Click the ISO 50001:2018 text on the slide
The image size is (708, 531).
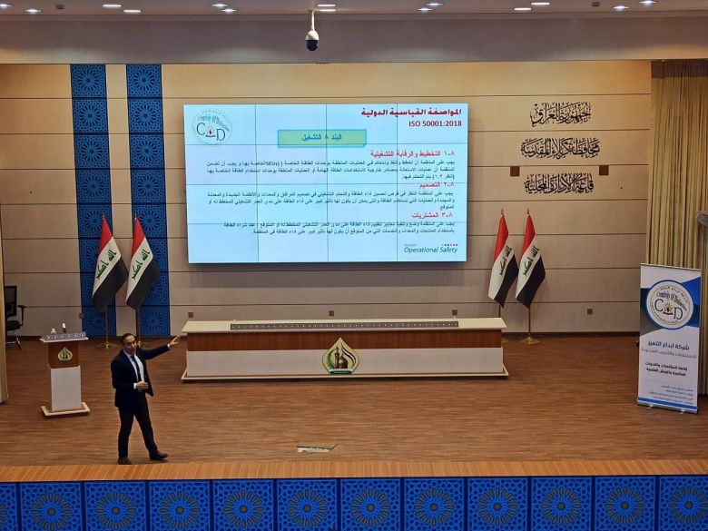tap(437, 123)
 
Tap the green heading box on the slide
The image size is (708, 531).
tap(321, 137)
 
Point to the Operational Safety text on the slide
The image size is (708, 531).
tap(431, 249)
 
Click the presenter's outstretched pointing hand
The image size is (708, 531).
tap(172, 342)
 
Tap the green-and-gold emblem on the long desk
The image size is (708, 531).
tap(340, 357)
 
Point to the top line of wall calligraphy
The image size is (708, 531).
tap(560, 113)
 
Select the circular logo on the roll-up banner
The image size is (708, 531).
tap(669, 304)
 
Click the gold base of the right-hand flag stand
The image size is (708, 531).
tap(530, 340)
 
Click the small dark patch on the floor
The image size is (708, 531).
tap(316, 447)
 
